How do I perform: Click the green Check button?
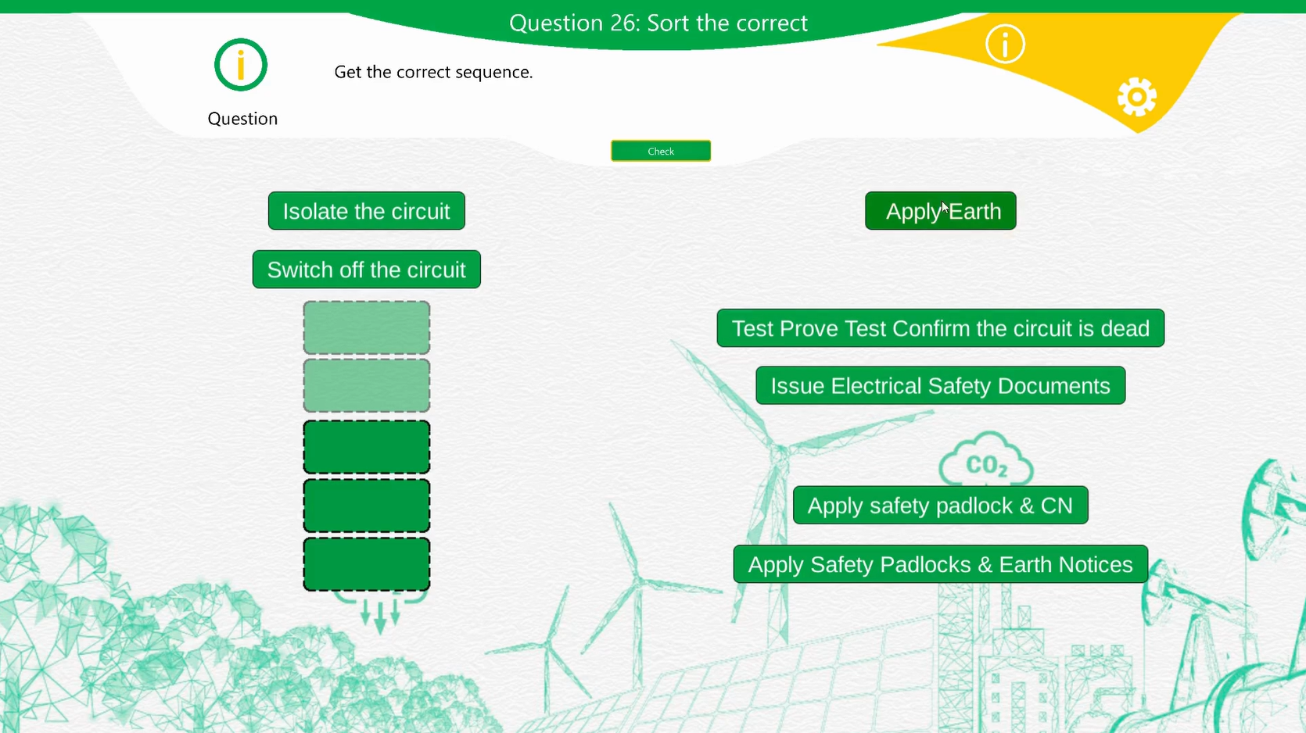pyautogui.click(x=661, y=151)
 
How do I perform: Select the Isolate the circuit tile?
pyautogui.click(x=366, y=211)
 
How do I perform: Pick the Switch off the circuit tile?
pyautogui.click(x=366, y=270)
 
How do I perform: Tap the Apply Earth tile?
pyautogui.click(x=941, y=211)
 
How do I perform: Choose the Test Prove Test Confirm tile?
pyautogui.click(x=941, y=328)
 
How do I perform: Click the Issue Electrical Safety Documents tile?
pyautogui.click(x=941, y=386)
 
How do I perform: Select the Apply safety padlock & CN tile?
pyautogui.click(x=941, y=505)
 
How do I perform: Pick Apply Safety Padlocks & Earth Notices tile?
pyautogui.click(x=941, y=564)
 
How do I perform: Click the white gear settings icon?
pyautogui.click(x=1137, y=97)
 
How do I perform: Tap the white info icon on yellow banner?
pyautogui.click(x=1005, y=44)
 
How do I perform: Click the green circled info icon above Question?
pyautogui.click(x=241, y=65)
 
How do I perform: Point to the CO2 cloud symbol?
pyautogui.click(x=986, y=459)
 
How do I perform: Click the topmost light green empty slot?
pyautogui.click(x=367, y=327)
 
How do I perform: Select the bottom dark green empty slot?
pyautogui.click(x=367, y=564)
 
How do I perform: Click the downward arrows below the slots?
pyautogui.click(x=380, y=612)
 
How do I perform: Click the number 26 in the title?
pyautogui.click(x=625, y=23)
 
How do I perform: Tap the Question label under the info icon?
pyautogui.click(x=242, y=119)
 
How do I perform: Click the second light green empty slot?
pyautogui.click(x=367, y=386)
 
